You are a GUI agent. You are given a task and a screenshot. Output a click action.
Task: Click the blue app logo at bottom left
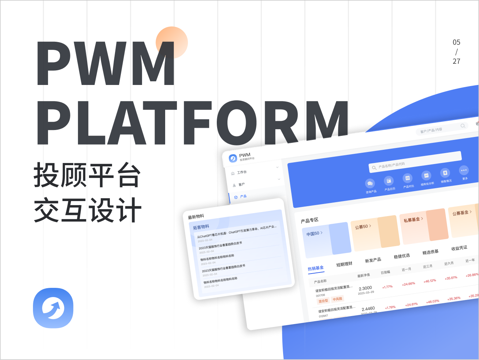click(x=53, y=308)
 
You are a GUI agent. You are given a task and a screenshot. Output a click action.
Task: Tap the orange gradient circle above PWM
click(x=172, y=42)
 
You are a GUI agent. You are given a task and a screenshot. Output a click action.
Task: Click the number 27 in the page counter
click(x=456, y=61)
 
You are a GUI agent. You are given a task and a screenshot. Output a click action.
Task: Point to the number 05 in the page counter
click(x=456, y=42)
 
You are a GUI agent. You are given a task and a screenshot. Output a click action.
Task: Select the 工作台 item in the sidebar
click(x=242, y=172)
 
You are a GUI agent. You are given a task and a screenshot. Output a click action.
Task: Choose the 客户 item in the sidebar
click(x=241, y=185)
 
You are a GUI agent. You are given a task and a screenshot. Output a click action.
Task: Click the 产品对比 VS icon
click(x=408, y=178)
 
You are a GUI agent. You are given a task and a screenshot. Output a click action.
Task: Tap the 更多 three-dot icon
click(x=464, y=170)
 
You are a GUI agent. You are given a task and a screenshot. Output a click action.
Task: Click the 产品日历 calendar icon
click(x=389, y=181)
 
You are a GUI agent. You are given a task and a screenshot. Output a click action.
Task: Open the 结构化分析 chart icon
click(x=426, y=175)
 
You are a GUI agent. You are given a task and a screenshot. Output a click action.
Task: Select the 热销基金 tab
click(x=316, y=268)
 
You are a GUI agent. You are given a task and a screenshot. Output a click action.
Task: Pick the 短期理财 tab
click(x=344, y=264)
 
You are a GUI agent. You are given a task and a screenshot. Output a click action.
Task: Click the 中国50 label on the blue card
click(x=313, y=234)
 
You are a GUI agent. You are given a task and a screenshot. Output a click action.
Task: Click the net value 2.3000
click(x=365, y=288)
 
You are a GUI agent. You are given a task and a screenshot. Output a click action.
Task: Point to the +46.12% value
click(x=430, y=281)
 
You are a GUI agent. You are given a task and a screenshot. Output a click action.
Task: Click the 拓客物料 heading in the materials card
click(x=201, y=227)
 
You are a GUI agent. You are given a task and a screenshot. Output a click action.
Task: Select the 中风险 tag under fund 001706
click(x=337, y=299)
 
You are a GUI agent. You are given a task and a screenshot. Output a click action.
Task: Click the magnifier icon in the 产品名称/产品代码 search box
click(x=374, y=168)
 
